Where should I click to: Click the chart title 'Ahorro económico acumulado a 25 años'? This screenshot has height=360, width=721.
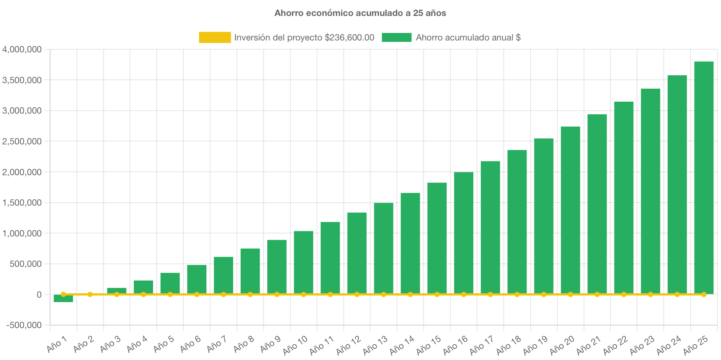click(360, 13)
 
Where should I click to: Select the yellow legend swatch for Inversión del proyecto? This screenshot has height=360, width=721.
click(215, 37)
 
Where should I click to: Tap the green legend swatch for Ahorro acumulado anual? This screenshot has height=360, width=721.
click(397, 37)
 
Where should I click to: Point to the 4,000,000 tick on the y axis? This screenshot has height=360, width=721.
click(22, 49)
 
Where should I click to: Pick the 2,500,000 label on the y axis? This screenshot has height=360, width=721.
click(22, 141)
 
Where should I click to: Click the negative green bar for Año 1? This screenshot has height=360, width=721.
click(63, 299)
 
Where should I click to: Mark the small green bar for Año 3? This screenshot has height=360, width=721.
click(117, 290)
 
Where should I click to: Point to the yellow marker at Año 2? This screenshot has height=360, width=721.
click(90, 294)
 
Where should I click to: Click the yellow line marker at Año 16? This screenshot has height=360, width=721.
click(464, 294)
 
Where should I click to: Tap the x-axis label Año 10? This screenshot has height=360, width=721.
click(295, 345)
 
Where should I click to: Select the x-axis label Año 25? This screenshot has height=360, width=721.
click(695, 345)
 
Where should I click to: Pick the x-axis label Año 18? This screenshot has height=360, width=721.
click(509, 345)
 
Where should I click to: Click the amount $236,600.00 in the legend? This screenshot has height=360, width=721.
click(349, 37)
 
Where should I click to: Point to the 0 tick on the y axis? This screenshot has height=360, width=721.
click(39, 295)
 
